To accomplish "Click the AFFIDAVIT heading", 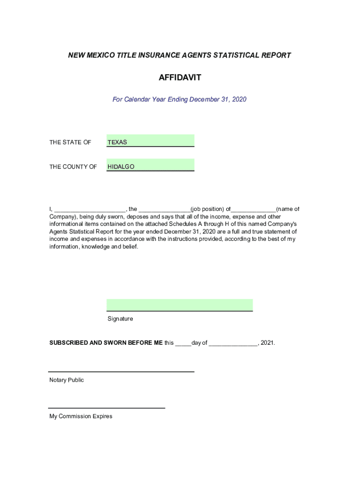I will tap(180, 78).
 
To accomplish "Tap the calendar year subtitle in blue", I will tap(180, 99).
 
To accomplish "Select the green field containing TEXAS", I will tap(150, 140).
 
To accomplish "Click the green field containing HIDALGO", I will tap(150, 165).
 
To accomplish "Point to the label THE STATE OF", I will tap(70, 142).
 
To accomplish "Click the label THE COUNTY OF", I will tap(73, 167).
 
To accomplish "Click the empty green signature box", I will tap(180, 305).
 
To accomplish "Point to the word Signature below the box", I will tap(120, 319).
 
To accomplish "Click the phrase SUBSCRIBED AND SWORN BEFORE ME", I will tap(106, 343).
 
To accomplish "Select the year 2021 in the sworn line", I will tap(267, 343).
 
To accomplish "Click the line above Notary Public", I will tap(122, 371).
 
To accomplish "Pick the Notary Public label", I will tap(66, 380).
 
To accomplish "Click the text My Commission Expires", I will tap(81, 416).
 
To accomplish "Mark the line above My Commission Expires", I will tap(107, 408).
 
